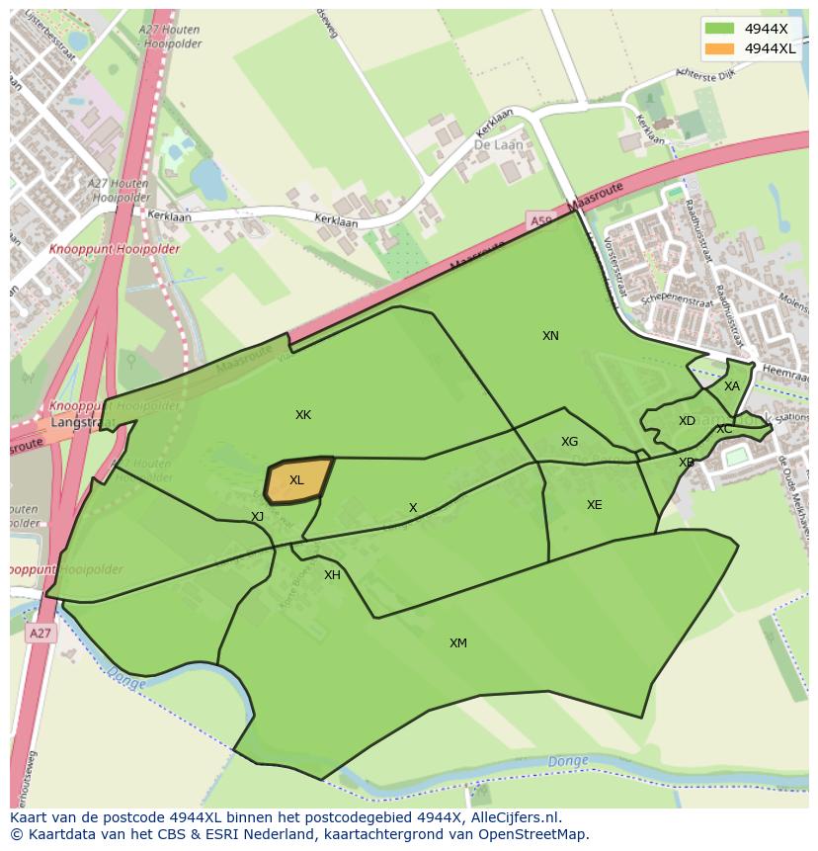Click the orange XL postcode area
click(x=297, y=480)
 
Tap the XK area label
click(x=303, y=415)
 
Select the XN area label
click(x=550, y=336)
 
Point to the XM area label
click(x=458, y=643)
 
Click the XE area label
click(x=594, y=505)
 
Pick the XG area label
click(x=569, y=442)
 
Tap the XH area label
click(x=332, y=575)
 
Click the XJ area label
click(x=257, y=517)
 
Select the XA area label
click(x=731, y=386)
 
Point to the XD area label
click(x=687, y=421)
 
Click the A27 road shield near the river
click(x=40, y=634)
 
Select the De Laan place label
click(x=498, y=144)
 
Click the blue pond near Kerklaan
click(x=208, y=179)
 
